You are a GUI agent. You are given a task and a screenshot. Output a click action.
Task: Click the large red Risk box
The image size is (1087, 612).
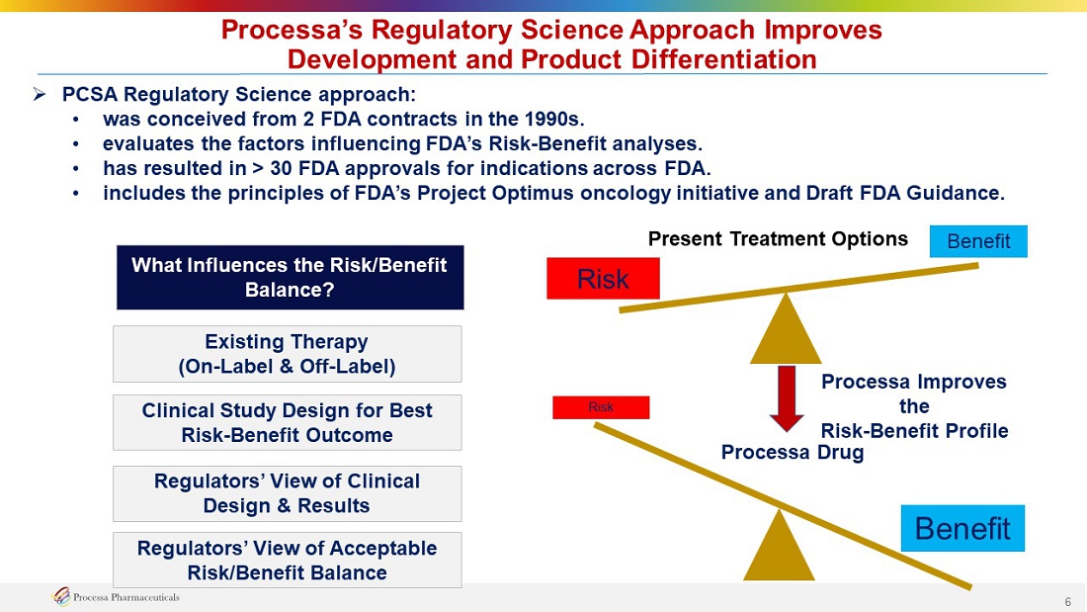603,278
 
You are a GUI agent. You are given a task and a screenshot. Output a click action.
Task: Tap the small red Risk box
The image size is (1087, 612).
601,407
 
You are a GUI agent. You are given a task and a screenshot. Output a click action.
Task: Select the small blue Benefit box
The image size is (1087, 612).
978,241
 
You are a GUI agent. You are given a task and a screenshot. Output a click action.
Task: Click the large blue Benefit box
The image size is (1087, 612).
962,528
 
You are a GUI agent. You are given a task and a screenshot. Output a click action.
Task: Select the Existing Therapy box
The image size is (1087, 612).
287,354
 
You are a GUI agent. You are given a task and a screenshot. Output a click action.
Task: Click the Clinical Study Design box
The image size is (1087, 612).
287,422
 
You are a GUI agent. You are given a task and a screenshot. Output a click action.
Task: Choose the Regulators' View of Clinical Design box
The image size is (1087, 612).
287,493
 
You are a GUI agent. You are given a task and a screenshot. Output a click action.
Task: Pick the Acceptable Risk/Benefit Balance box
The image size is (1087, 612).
287,560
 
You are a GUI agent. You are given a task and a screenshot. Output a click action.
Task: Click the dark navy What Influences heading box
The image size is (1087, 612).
290,277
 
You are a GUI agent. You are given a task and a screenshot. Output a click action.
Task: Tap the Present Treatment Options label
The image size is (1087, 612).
778,238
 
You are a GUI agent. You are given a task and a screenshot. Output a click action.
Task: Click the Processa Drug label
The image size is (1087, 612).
793,453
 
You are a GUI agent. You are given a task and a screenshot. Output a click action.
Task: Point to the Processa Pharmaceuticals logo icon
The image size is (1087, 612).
61,596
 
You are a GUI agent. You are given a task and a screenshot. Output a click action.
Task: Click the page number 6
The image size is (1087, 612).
1068,601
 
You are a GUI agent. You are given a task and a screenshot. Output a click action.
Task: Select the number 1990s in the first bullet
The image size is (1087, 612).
554,119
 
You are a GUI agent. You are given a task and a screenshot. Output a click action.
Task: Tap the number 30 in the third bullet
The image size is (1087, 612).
281,168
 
